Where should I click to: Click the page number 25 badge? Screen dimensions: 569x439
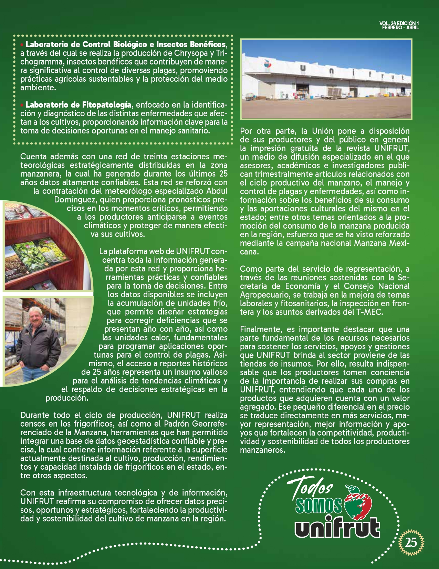coord(411,542)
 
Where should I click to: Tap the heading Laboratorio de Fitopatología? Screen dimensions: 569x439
coord(78,104)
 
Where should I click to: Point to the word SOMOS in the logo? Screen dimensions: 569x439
coord(318,506)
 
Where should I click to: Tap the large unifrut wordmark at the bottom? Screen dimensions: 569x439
coord(337,526)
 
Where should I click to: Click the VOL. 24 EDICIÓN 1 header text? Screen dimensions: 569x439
coord(399,23)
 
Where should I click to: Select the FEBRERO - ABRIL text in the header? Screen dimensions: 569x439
coord(400,28)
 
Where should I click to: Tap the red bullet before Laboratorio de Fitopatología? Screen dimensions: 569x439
coord(22,104)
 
